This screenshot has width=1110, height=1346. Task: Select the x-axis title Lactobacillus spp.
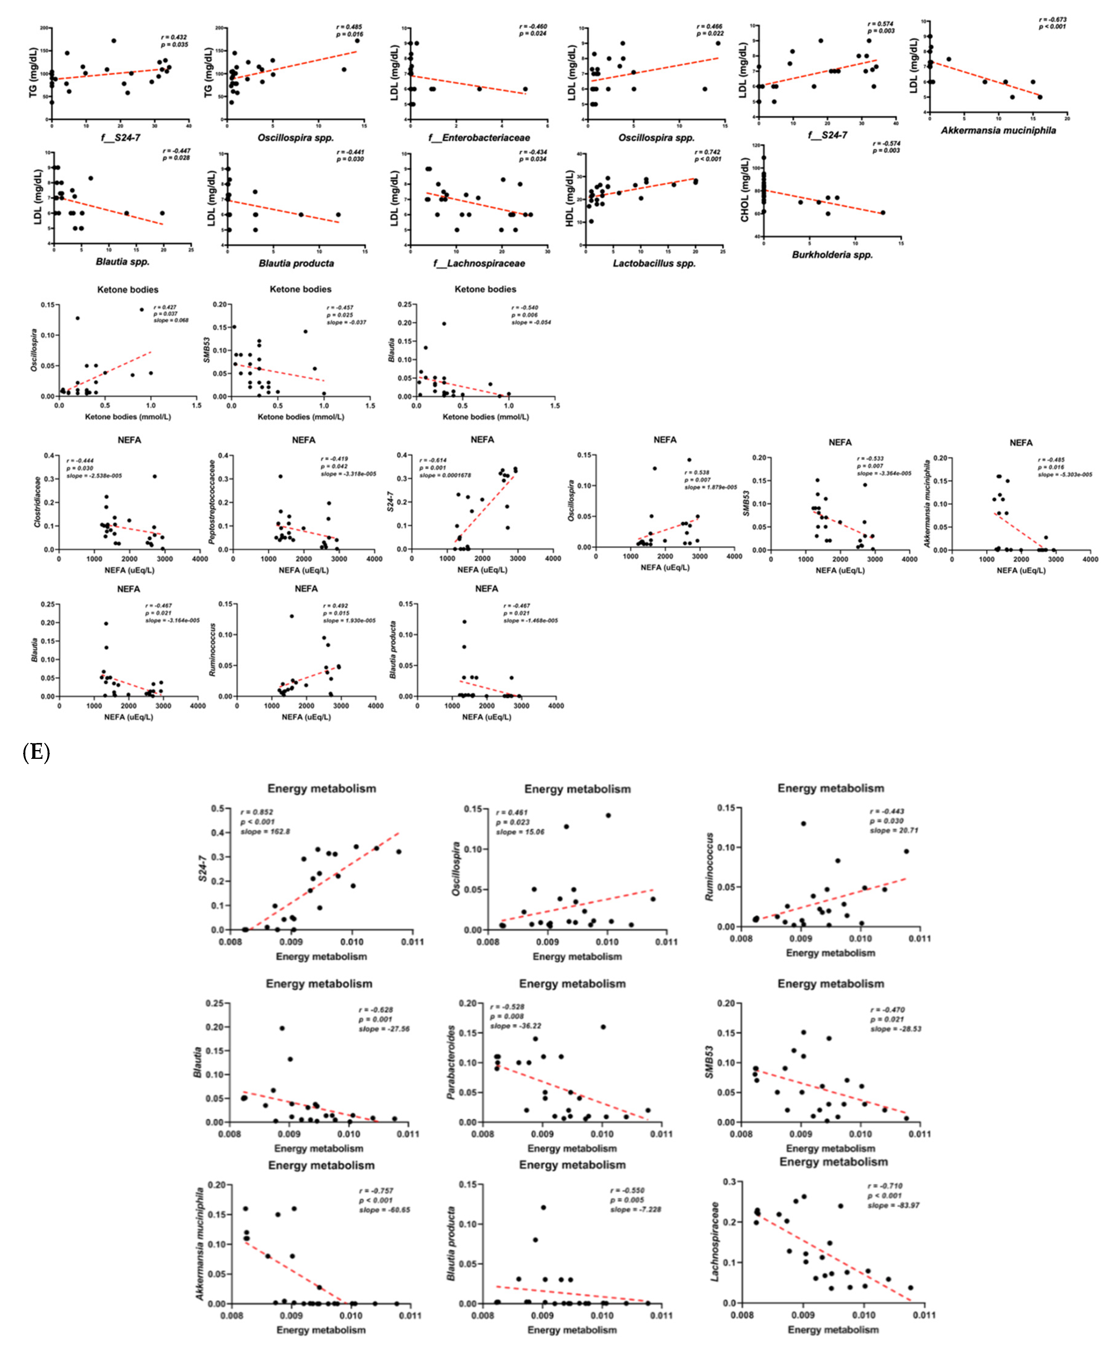coord(654,263)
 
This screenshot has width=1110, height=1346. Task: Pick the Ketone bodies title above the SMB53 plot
coord(300,289)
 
